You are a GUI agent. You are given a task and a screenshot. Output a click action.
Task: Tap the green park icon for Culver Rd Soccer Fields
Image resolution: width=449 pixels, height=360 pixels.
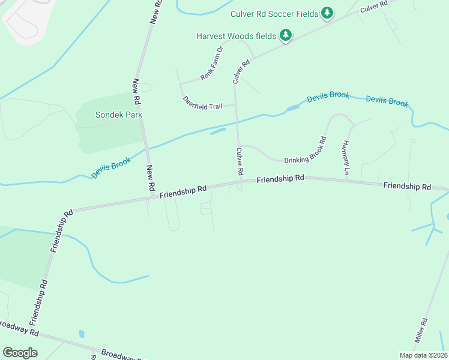(327, 13)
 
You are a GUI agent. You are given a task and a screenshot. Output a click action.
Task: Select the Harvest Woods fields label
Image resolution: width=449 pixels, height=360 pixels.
(236, 36)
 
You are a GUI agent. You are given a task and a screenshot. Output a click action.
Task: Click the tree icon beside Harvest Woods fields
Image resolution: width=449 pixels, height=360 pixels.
(286, 36)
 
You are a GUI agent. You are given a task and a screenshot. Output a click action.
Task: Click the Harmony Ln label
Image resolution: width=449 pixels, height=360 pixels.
(346, 158)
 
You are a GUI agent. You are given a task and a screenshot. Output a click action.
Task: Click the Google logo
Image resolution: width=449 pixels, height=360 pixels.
(20, 353)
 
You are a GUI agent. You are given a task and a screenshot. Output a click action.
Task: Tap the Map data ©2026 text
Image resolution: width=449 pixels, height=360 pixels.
(423, 355)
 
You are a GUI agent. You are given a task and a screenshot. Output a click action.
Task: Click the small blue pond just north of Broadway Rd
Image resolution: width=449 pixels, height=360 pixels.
(82, 334)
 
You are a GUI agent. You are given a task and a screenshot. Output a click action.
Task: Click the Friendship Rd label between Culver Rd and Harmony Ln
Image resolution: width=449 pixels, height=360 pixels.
(280, 179)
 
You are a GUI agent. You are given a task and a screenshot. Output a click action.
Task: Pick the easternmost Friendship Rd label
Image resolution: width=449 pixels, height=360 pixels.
(407, 187)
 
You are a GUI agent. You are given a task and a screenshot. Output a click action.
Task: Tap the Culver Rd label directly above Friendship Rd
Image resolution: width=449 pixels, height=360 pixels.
(240, 161)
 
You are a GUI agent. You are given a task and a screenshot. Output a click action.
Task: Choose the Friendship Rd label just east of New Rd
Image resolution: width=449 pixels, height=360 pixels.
(183, 190)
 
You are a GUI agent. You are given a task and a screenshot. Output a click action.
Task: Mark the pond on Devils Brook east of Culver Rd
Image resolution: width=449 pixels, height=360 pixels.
(293, 108)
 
